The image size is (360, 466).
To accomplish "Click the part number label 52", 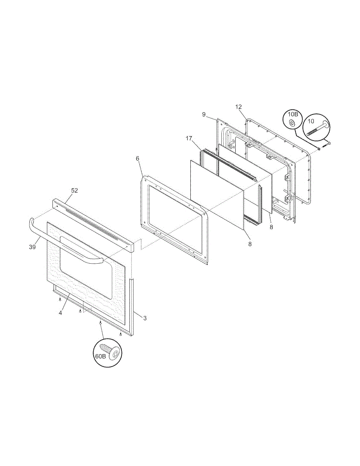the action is tap(75, 190).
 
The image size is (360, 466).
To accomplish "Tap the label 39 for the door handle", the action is tap(32, 247).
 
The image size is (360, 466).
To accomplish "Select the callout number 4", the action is tap(61, 313).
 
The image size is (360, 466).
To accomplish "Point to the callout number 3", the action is tap(145, 318).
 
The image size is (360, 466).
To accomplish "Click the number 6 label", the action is tap(137, 158).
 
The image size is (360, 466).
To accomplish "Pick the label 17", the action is tap(189, 139).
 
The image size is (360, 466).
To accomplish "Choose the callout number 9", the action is tap(204, 115).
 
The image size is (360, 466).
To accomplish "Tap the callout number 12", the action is tap(238, 107).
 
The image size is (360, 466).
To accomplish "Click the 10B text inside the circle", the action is tap(293, 114).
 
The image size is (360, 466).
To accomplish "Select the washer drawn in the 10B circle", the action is tap(292, 123).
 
